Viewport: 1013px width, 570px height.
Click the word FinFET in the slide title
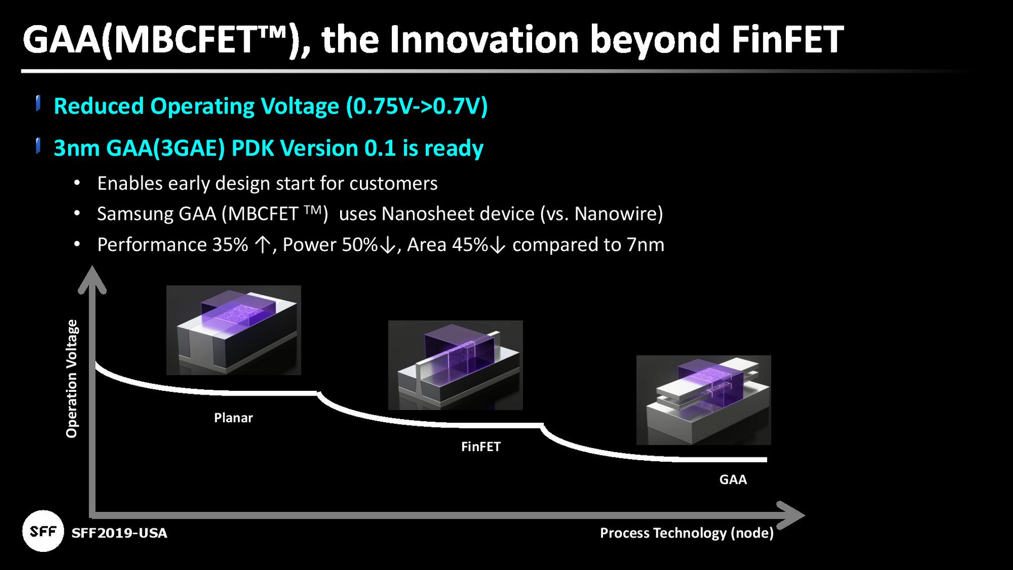(x=787, y=39)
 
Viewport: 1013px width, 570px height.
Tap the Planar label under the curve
(x=233, y=418)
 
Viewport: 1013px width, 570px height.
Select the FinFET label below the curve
(x=480, y=446)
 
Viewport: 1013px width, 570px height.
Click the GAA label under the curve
(x=733, y=479)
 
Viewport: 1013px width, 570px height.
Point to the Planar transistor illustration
(x=234, y=330)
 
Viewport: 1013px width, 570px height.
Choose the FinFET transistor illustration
(x=455, y=365)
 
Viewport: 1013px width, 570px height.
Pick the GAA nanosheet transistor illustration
(x=703, y=400)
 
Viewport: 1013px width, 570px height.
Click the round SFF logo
(x=43, y=531)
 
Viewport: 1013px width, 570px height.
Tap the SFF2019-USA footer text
(x=119, y=533)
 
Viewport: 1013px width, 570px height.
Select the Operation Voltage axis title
(x=71, y=379)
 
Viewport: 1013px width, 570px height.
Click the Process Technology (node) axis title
(x=686, y=533)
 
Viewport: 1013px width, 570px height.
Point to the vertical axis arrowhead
(x=92, y=280)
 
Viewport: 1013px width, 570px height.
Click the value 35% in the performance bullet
(x=230, y=245)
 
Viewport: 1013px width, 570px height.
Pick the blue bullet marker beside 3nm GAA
(x=38, y=145)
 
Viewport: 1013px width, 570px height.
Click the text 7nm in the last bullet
(x=645, y=245)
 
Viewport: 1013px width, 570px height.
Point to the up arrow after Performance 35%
(x=262, y=245)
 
